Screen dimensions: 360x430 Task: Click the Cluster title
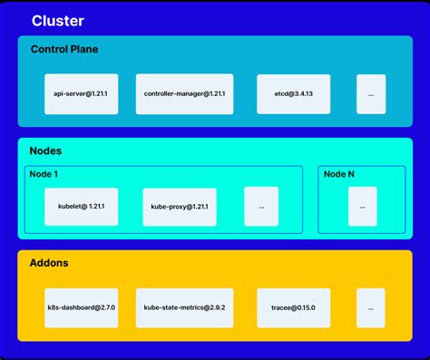[57, 21]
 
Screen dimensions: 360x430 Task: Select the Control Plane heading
[64, 49]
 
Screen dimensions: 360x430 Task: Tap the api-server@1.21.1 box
[81, 94]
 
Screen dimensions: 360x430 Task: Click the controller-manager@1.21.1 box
[185, 94]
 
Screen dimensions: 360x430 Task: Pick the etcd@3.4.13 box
[293, 94]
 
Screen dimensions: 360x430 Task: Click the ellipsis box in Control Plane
[371, 94]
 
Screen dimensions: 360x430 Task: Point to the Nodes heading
[46, 151]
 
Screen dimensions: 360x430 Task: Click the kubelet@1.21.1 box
[81, 207]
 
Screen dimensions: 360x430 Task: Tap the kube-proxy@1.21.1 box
[180, 207]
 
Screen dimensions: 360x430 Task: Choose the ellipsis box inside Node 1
[261, 207]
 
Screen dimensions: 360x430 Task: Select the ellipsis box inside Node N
[363, 207]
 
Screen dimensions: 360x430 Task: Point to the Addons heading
[50, 263]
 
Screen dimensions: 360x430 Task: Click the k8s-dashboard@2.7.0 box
[81, 308]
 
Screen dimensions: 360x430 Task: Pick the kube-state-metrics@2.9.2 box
[185, 308]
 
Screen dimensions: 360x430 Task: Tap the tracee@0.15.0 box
[293, 308]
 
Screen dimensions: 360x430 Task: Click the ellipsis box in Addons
[371, 308]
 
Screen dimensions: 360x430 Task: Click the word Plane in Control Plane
[82, 49]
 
